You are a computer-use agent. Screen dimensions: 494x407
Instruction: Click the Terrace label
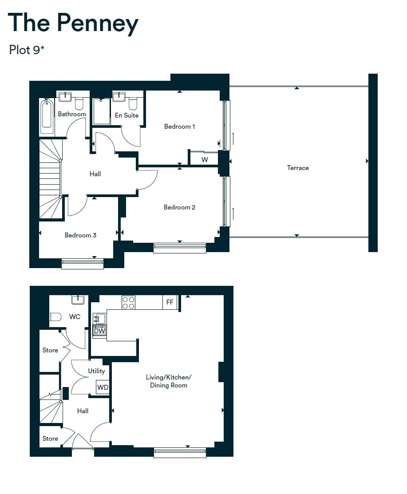point(298,168)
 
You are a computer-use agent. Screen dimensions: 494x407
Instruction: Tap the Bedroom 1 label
point(179,126)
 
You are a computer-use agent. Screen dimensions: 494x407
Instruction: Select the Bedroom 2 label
point(179,207)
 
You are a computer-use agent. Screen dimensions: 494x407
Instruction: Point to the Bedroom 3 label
point(80,235)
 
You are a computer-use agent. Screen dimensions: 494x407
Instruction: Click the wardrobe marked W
point(204,159)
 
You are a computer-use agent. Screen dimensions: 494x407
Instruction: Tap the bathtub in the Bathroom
point(46,117)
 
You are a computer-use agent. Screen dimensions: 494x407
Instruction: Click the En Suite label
point(126,115)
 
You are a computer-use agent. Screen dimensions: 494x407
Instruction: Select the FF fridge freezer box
point(170,302)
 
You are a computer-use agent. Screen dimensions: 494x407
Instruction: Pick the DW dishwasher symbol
point(99,331)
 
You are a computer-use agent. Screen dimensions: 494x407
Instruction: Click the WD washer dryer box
point(103,387)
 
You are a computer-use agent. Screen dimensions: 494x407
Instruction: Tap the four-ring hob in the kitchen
point(128,303)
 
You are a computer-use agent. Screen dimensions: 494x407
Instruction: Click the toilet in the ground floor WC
point(55,317)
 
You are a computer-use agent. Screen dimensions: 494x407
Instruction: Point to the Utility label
point(96,371)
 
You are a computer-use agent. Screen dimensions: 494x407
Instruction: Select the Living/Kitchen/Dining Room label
point(169,381)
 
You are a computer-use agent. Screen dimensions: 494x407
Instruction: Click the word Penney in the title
point(98,23)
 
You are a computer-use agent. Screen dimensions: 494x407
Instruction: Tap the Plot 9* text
point(27,50)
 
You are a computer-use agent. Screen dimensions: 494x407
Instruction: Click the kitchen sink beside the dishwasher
point(99,318)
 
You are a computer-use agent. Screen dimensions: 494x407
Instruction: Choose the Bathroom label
point(72,114)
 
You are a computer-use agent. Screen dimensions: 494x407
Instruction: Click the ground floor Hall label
point(83,411)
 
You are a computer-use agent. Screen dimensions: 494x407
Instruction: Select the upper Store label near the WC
point(50,350)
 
